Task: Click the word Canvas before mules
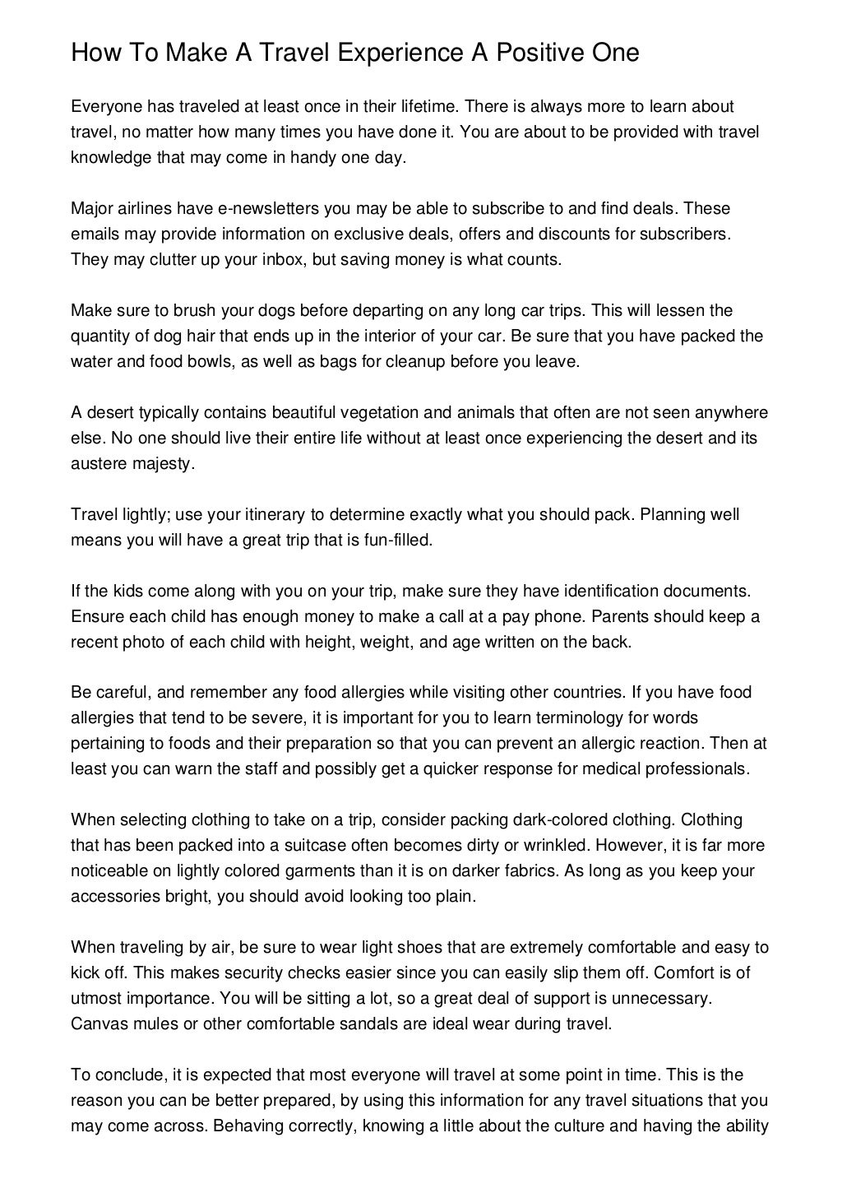(x=97, y=1024)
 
